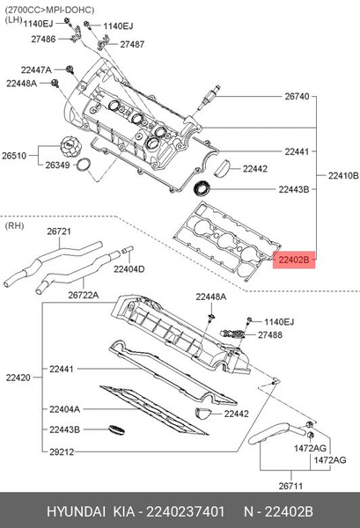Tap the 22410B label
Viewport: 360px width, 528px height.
click(342, 175)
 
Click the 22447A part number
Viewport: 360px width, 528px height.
click(35, 69)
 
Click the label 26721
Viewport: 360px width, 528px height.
click(58, 231)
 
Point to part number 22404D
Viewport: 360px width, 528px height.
click(129, 268)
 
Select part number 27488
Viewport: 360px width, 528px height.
click(270, 335)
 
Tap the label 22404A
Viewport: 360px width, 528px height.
click(64, 409)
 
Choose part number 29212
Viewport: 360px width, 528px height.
click(62, 450)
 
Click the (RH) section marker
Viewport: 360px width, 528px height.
click(14, 225)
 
